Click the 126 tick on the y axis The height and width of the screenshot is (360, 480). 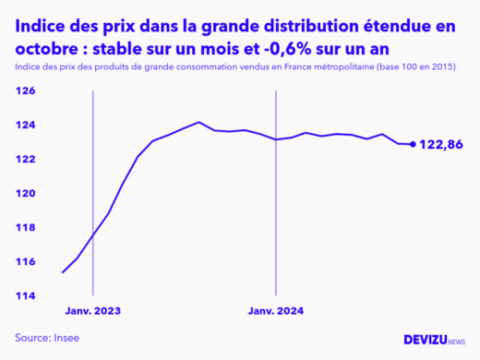25,91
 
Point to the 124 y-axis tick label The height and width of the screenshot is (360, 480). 25,126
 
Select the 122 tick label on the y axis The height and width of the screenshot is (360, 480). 25,160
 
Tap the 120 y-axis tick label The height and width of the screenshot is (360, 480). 25,194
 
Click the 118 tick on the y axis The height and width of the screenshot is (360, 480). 25,228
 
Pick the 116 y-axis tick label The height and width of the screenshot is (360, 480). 25,262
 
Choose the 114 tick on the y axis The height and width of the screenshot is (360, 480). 25,296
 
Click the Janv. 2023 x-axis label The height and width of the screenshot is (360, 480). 93,312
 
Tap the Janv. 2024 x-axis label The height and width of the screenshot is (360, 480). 276,312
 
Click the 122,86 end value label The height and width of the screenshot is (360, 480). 441,145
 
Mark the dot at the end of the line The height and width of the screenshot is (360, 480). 413,144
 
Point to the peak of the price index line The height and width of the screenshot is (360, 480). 198,122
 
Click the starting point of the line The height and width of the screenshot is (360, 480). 62,272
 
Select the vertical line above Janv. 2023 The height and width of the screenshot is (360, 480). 93,185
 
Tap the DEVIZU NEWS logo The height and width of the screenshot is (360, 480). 435,340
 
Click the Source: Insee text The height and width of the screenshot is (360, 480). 47,338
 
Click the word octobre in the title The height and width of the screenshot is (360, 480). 40,48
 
